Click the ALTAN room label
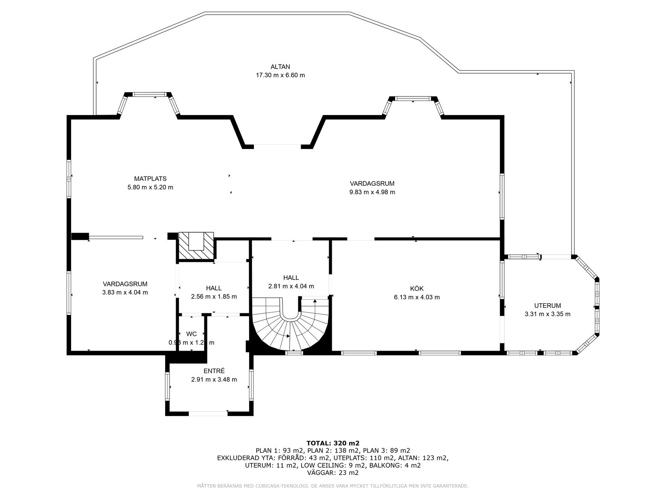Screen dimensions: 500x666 [280, 67]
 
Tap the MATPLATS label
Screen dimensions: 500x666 [150, 179]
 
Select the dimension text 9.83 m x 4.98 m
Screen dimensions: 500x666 [372, 192]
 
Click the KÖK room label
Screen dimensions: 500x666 [417, 288]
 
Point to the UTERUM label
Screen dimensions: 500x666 [547, 306]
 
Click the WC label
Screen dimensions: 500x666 [191, 334]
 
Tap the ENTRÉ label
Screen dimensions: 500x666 [214, 371]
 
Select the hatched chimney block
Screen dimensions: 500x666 [196, 246]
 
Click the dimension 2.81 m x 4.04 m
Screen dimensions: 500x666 [291, 286]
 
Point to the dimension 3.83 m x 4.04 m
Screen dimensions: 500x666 [125, 292]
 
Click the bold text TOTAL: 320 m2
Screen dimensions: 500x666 [333, 443]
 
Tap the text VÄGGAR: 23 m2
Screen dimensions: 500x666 [333, 473]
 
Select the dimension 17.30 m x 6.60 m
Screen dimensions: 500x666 [280, 75]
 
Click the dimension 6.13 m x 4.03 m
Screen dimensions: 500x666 [417, 297]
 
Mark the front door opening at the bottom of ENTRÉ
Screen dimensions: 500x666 [208, 413]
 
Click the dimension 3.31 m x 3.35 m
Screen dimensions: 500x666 [547, 314]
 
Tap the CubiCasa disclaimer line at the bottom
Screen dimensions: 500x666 [333, 486]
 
